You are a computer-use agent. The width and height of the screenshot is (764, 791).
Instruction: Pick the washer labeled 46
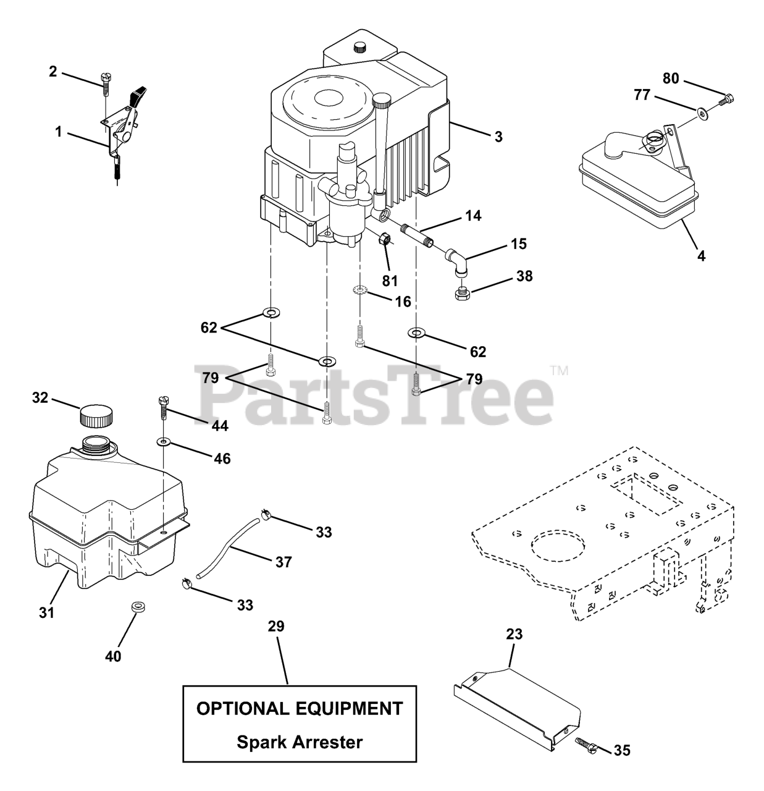click(164, 442)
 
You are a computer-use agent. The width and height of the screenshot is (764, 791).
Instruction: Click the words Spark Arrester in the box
click(300, 742)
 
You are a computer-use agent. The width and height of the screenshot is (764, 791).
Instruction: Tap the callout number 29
click(276, 627)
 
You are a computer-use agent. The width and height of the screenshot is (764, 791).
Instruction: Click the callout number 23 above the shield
click(514, 634)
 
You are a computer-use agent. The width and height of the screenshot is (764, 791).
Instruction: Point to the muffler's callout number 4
click(701, 255)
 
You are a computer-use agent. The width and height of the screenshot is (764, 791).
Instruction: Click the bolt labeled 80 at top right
click(727, 98)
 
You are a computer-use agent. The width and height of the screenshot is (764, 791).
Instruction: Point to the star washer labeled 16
click(359, 290)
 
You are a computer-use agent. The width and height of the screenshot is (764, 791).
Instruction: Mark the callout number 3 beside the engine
click(498, 137)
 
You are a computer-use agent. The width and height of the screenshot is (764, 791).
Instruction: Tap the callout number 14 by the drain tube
click(474, 216)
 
